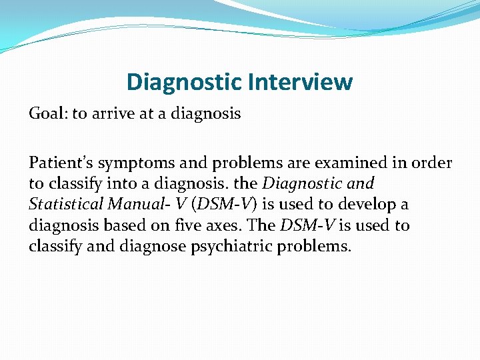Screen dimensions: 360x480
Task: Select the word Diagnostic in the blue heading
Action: (x=185, y=82)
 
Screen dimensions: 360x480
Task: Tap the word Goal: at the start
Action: (x=48, y=114)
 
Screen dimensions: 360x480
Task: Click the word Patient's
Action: (x=58, y=163)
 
